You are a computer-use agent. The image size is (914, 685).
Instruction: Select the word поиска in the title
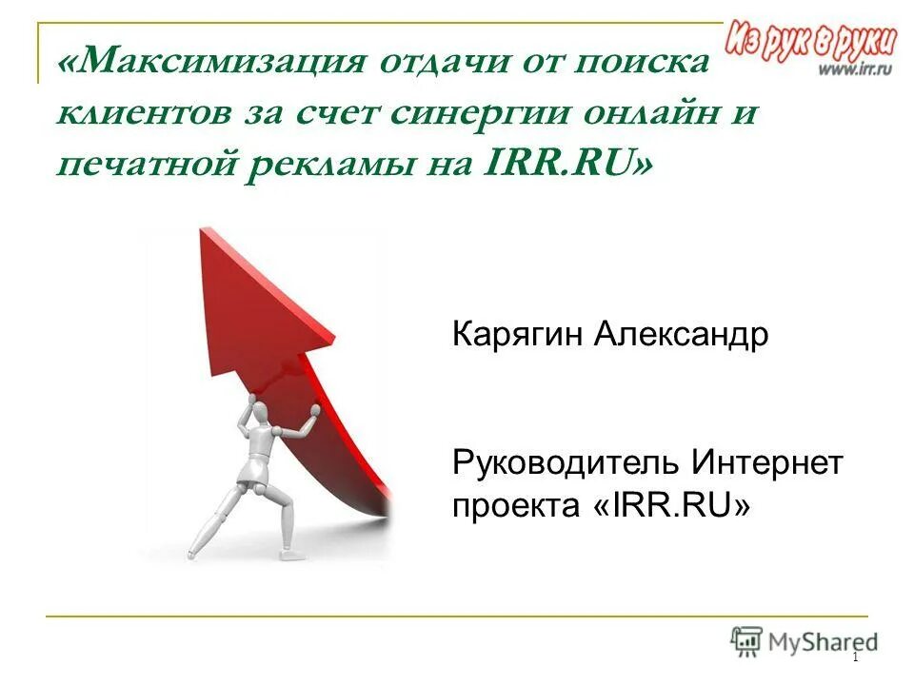tap(643, 64)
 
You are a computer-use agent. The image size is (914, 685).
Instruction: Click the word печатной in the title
tap(143, 165)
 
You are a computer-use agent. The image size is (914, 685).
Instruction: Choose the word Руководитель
tap(566, 463)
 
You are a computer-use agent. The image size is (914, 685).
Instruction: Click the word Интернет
tap(767, 463)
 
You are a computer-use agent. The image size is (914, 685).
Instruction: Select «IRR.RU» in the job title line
tap(671, 506)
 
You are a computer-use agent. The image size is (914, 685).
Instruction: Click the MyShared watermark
tap(805, 641)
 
